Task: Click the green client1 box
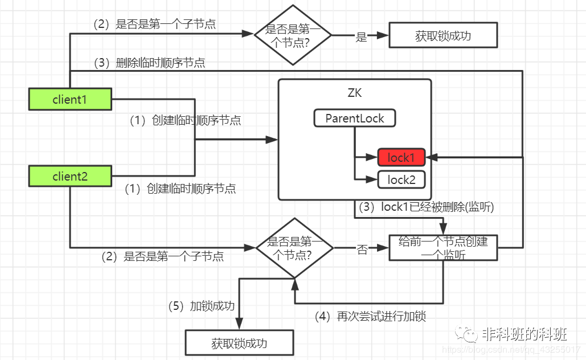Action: pyautogui.click(x=69, y=99)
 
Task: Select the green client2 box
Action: pyautogui.click(x=69, y=176)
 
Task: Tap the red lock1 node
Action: pyautogui.click(x=401, y=157)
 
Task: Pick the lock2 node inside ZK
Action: pyautogui.click(x=401, y=180)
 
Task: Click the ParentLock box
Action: pyautogui.click(x=355, y=118)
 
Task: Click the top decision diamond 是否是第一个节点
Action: pyautogui.click(x=292, y=35)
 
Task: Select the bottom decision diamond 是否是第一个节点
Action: pyautogui.click(x=294, y=248)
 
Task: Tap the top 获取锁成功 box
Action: pyautogui.click(x=443, y=36)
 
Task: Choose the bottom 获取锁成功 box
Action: pyautogui.click(x=239, y=343)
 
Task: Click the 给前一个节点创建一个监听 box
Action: pyautogui.click(x=443, y=248)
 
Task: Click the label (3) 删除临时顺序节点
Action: pyautogui.click(x=150, y=63)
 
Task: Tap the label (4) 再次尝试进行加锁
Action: pyautogui.click(x=370, y=316)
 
